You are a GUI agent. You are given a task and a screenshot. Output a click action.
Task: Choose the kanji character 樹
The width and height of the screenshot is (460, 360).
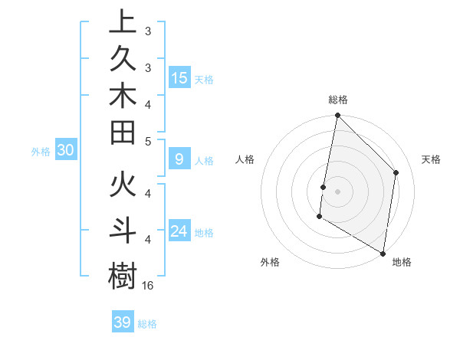pos(123,274)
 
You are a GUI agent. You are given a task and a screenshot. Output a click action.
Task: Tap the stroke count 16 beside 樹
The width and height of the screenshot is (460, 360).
pos(149,286)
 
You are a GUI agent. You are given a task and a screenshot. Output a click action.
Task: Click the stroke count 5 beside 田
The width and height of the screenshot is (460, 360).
pos(148,141)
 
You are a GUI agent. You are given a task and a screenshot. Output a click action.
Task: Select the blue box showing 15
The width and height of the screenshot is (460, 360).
pos(179,77)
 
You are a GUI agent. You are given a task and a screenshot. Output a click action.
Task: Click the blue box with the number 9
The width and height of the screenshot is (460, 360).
pos(179,159)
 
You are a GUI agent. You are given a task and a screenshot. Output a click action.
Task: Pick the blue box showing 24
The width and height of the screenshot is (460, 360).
pos(179,231)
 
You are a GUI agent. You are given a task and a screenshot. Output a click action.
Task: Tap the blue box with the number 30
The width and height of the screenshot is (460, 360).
pos(66,151)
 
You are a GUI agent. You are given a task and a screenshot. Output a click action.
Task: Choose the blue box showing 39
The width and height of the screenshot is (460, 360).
pos(122,322)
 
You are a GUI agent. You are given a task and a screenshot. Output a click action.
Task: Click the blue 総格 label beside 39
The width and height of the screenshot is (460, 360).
pos(147,324)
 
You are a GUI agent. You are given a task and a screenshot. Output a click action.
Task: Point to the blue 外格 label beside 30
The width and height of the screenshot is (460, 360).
pos(41,152)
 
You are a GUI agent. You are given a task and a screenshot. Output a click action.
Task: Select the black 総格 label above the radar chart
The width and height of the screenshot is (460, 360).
pos(338,100)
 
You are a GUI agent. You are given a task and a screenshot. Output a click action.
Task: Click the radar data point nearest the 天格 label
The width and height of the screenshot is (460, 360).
pos(396,172)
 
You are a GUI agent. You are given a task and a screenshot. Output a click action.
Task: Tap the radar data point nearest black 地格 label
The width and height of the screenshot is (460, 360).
pos(383,253)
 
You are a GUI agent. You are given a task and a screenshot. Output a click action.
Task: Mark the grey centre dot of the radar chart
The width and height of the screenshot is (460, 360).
pos(337,191)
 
